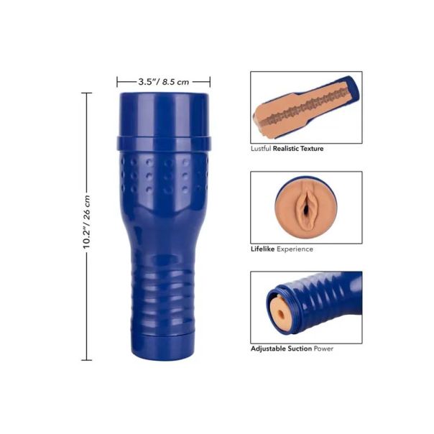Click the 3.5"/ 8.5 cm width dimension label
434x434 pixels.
(164, 82)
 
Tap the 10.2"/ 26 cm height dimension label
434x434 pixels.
(87, 222)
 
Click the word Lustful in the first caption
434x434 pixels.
(261, 149)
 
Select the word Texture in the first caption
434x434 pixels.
(312, 149)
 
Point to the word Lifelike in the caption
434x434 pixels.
(263, 249)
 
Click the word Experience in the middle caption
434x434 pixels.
(295, 249)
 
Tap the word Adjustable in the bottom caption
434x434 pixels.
(268, 348)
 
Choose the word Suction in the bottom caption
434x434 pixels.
(300, 348)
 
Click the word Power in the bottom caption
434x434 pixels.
(323, 348)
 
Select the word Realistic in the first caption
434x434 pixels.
(286, 149)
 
